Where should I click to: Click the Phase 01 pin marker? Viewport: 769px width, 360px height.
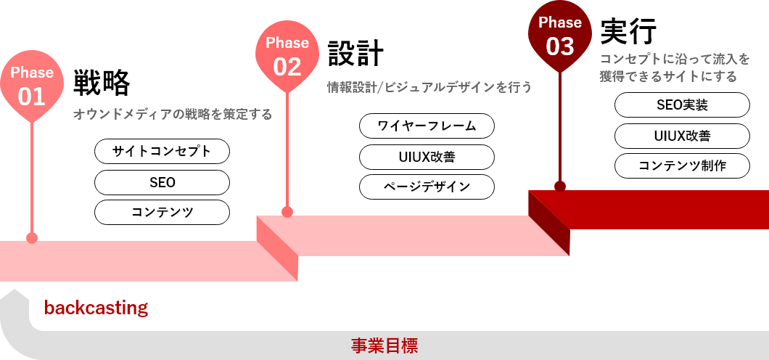(x=32, y=86)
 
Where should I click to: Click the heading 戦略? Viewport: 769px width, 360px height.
(x=102, y=83)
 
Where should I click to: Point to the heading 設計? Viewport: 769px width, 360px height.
(x=355, y=52)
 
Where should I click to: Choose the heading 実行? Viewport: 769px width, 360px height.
(x=628, y=31)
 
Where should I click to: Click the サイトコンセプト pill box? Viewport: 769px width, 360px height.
(x=162, y=151)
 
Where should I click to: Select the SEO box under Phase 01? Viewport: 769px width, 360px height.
(x=162, y=182)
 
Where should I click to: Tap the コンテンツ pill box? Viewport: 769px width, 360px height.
(x=162, y=213)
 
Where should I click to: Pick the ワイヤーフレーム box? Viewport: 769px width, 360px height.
(x=427, y=126)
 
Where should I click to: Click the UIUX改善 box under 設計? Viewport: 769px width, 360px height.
(x=427, y=157)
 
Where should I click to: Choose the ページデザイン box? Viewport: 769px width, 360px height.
(x=427, y=187)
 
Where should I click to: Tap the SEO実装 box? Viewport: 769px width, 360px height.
(x=682, y=105)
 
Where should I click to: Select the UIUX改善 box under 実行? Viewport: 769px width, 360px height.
(x=682, y=136)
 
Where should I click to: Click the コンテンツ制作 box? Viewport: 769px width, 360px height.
(x=682, y=165)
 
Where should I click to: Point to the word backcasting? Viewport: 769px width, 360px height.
(x=96, y=308)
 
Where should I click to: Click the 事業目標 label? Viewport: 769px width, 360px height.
(x=384, y=346)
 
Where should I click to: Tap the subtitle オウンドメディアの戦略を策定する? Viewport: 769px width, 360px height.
(x=173, y=115)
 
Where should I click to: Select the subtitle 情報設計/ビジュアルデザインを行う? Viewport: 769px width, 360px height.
(x=429, y=88)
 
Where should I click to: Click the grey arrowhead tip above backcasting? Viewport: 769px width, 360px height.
(x=15, y=290)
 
